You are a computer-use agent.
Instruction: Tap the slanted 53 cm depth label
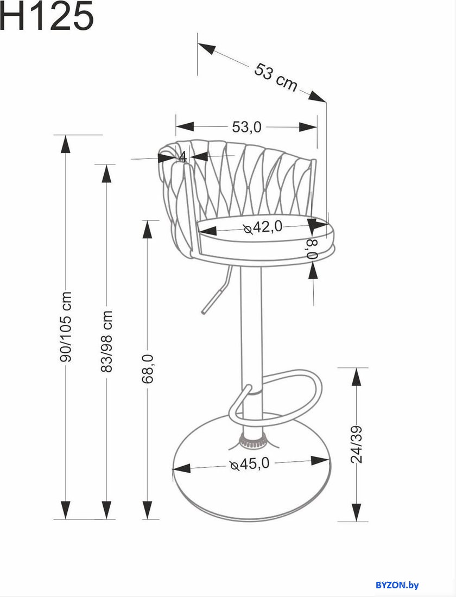(275, 78)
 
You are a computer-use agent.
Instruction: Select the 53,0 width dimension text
(247, 127)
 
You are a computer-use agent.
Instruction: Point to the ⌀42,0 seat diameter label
(263, 227)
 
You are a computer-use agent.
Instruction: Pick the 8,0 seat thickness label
(312, 249)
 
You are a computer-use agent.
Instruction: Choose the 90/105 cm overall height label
(66, 327)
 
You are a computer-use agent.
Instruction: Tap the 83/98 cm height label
(107, 341)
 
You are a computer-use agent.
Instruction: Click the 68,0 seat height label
(148, 369)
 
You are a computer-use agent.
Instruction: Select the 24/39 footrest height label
(357, 444)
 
